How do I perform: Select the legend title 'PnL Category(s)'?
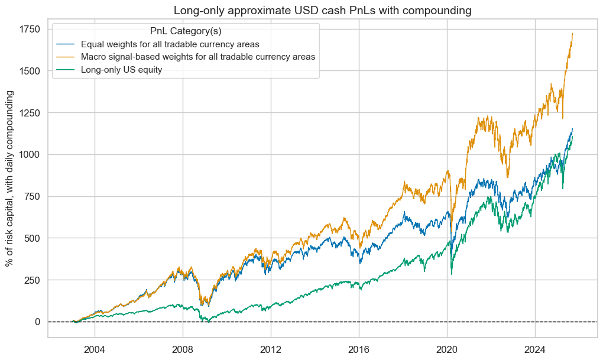(186, 31)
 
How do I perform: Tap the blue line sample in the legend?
(66, 44)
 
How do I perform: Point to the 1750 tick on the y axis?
(30, 30)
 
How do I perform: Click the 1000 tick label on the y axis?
(30, 155)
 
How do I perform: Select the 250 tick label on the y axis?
(32, 280)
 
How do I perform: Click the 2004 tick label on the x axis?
(94, 348)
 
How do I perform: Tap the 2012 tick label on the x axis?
(270, 348)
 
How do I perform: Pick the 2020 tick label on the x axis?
(447, 348)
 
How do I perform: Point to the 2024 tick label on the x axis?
(535, 348)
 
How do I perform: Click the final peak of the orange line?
(573, 34)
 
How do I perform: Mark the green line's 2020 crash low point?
(452, 274)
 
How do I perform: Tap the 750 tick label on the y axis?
(32, 197)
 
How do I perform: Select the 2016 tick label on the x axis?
(359, 348)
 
